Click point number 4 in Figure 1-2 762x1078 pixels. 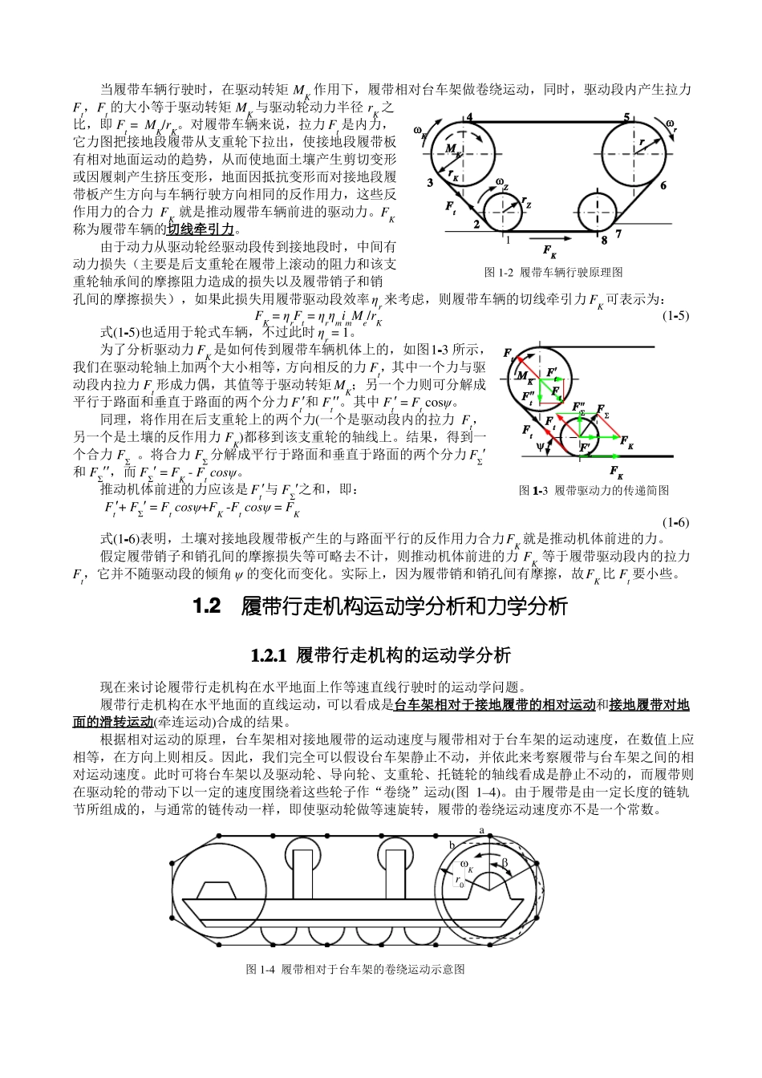pos(469,118)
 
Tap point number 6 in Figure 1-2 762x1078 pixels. pos(663,185)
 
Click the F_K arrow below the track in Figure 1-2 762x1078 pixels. pos(550,248)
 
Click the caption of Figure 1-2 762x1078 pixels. pos(553,273)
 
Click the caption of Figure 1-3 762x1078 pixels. pos(594,490)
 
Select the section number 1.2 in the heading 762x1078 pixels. pos(207,606)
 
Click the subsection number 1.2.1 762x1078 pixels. pos(268,655)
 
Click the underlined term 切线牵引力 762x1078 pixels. pos(201,229)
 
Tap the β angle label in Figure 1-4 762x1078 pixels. pos(505,862)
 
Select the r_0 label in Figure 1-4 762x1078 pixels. pos(460,881)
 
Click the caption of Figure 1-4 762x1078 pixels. pos(355,969)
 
